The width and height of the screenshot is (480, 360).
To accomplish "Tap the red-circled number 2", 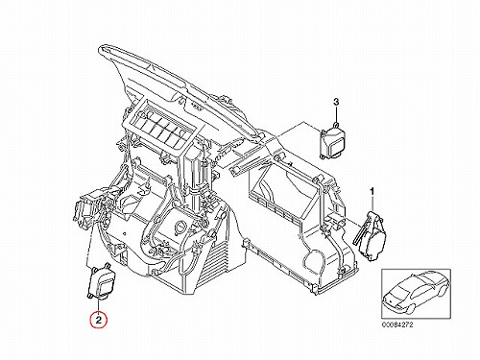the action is (99, 320).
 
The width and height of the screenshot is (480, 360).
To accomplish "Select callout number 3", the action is (336, 102).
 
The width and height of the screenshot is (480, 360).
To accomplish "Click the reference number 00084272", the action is (397, 324).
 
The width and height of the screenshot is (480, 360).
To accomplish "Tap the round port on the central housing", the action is (180, 227).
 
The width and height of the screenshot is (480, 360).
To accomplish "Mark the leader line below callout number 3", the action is (336, 114).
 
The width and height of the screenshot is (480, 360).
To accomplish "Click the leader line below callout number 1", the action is (372, 204).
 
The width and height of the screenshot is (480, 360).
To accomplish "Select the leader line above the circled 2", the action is (99, 305).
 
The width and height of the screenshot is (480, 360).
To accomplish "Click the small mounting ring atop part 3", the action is (335, 124).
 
